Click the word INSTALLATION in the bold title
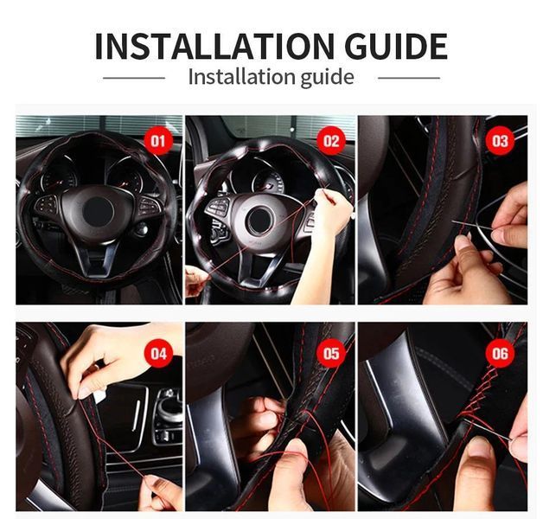[214, 46]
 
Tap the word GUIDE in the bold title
[396, 46]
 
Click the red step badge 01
[158, 141]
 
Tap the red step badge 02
[331, 141]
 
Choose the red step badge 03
[501, 141]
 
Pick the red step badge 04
[158, 354]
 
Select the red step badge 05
[331, 354]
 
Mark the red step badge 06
[501, 354]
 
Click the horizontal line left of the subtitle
[134, 78]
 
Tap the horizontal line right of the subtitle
[409, 78]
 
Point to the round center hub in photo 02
[259, 220]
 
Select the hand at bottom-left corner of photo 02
[196, 281]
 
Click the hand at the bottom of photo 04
[163, 492]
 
